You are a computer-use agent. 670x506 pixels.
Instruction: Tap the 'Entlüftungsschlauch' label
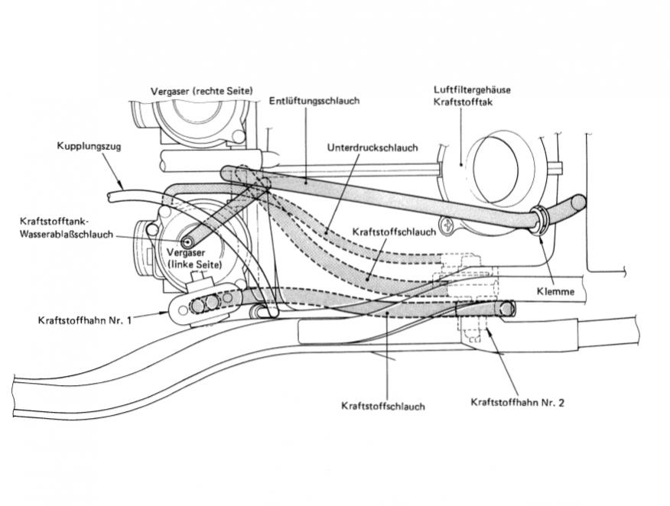[314, 100]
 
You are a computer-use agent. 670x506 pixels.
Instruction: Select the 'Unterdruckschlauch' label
[372, 148]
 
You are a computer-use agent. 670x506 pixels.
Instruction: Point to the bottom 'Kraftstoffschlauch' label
[382, 406]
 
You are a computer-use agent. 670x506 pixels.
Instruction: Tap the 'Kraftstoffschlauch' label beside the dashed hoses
[395, 230]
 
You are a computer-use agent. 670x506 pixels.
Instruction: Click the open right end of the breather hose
[580, 203]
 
